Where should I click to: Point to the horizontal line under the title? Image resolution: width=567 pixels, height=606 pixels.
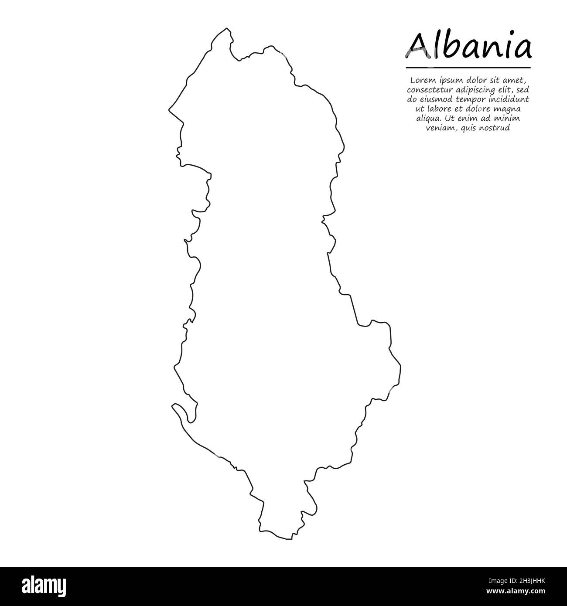468,68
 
